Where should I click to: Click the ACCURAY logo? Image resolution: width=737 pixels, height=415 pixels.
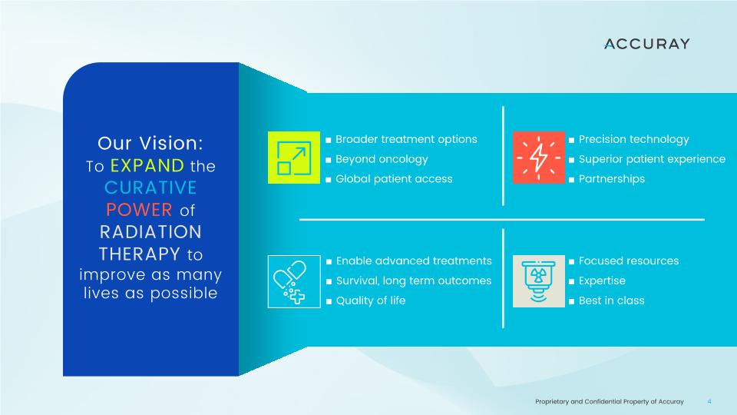646,44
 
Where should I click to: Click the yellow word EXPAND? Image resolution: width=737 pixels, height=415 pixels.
147,166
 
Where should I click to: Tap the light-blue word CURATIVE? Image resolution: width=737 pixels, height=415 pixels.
150,188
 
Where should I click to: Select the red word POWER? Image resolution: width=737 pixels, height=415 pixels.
139,210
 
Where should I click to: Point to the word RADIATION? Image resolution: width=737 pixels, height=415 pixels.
150,232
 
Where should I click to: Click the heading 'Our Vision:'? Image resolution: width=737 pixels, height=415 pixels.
150,143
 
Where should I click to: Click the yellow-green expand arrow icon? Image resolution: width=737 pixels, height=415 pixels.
294,158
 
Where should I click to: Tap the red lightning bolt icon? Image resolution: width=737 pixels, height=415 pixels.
539,158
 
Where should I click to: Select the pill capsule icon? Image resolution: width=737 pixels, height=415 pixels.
294,281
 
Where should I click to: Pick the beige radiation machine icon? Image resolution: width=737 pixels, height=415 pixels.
539,281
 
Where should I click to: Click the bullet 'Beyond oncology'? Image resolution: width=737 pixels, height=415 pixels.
382,160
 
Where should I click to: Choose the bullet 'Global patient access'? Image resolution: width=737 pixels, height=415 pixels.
394,179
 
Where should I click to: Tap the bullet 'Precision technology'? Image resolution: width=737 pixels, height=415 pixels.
633,140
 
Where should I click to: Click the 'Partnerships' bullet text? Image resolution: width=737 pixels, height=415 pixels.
612,179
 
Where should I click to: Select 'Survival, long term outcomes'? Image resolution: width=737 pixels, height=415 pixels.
414,281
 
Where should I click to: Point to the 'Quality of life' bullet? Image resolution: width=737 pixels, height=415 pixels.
371,300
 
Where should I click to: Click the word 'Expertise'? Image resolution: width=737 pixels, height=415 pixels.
602,281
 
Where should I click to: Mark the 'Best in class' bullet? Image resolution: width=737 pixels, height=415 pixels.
612,300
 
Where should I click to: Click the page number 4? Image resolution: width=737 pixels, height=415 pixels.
709,401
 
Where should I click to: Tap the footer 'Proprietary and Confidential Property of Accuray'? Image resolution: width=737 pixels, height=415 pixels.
609,401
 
